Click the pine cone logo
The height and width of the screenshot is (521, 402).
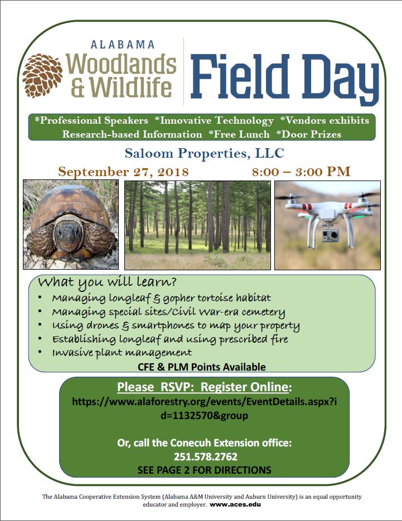point(42,76)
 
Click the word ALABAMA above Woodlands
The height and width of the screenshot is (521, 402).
point(123,45)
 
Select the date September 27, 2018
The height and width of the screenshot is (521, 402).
point(123,172)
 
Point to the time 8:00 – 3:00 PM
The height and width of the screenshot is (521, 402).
point(301,172)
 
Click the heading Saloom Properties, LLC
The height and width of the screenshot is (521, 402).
point(205,153)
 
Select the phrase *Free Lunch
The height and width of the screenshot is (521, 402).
point(239,134)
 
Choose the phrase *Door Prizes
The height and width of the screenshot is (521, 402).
point(309,134)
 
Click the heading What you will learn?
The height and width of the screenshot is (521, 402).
point(107,283)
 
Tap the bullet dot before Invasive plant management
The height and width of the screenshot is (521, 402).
point(40,352)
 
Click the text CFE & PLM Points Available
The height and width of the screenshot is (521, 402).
point(202,367)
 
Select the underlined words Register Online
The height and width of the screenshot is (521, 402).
point(244,387)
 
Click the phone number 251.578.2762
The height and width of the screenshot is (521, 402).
point(206,456)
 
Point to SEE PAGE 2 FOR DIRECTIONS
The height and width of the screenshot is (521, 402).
point(205,470)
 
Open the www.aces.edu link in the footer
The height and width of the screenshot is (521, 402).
point(235,504)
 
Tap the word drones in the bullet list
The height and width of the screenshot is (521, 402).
point(103,325)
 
